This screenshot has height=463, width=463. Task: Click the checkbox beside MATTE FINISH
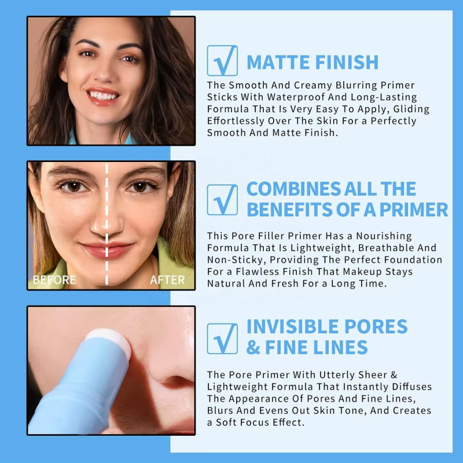pyautogui.click(x=222, y=61)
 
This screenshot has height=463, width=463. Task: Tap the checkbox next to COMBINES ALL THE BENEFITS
pyautogui.click(x=222, y=199)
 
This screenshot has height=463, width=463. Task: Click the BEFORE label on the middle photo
pyautogui.click(x=54, y=280)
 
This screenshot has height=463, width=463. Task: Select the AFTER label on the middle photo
pyautogui.click(x=167, y=280)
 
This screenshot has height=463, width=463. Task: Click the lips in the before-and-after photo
pyautogui.click(x=107, y=250)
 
